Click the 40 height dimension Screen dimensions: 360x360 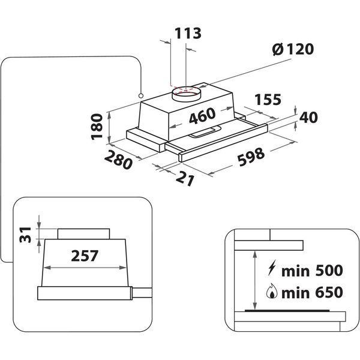(x=308, y=118)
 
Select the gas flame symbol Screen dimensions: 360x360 (x=272, y=293)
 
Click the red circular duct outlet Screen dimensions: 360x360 (x=186, y=91)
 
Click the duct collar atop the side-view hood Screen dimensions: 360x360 (x=83, y=232)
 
